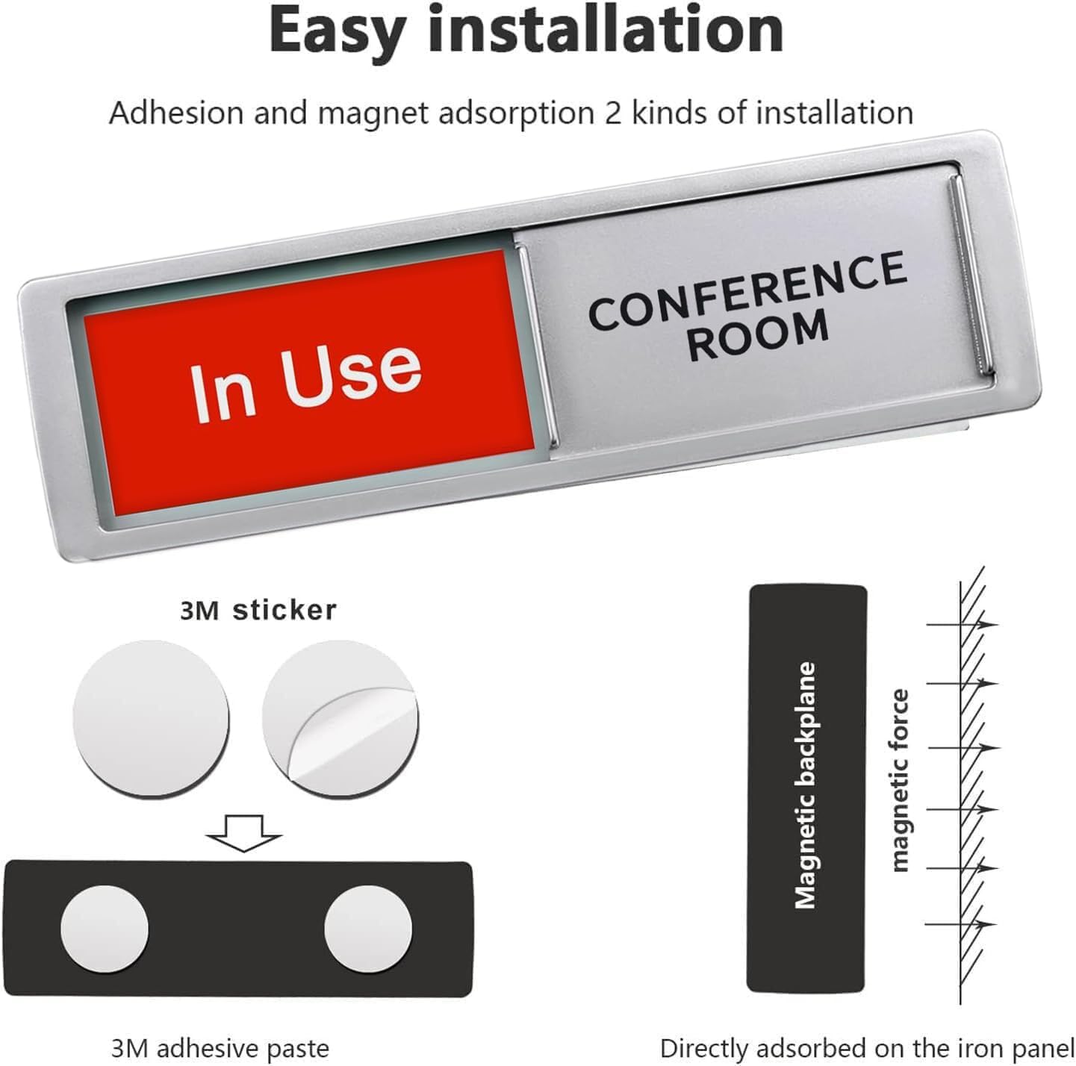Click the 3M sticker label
[258, 610]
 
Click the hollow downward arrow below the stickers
[244, 832]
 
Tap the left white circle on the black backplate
[105, 929]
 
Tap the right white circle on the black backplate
[367, 929]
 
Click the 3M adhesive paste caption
[220, 1048]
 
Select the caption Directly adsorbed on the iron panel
[866, 1048]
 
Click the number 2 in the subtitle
[612, 113]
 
